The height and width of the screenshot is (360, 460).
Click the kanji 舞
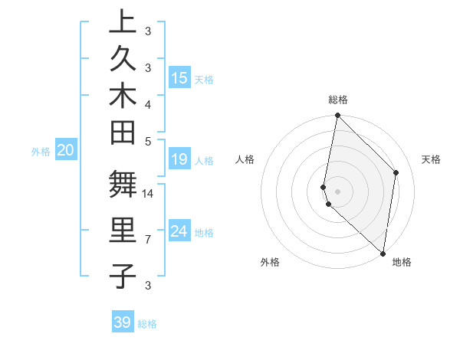click(123, 185)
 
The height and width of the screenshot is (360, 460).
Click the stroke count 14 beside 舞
click(148, 195)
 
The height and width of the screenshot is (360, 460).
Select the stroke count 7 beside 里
click(147, 240)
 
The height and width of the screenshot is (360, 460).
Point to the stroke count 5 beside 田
click(147, 141)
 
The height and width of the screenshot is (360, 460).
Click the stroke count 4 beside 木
click(147, 104)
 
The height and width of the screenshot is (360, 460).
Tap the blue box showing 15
click(179, 77)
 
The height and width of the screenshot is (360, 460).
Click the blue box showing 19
click(179, 159)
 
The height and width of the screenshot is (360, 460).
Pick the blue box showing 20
click(66, 150)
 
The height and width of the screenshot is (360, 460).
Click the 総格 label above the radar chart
click(338, 100)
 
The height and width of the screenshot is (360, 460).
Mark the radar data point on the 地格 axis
click(383, 254)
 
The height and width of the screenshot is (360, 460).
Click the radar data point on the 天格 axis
click(396, 172)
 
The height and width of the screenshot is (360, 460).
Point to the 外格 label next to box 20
click(41, 152)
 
